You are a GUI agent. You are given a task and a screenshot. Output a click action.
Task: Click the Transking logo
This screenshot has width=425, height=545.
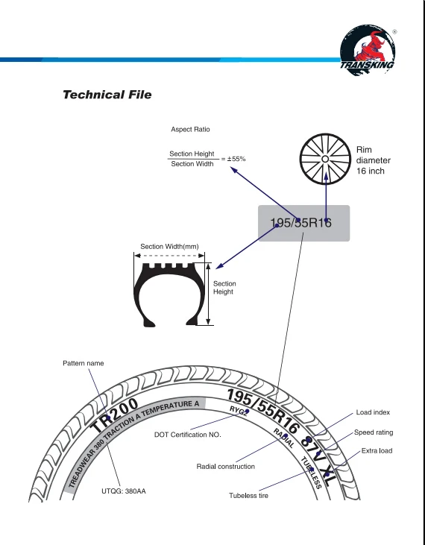point(368,50)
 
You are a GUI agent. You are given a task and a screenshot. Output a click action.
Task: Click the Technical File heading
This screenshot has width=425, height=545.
point(107,95)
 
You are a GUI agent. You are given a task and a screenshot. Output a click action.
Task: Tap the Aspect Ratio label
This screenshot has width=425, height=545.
point(190,129)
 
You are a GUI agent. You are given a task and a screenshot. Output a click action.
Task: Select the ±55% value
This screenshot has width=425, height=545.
point(236,159)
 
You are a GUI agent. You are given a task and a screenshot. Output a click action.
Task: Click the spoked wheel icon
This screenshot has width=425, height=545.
point(325,159)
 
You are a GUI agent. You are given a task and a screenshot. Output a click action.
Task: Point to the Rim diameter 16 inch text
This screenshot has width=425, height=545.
point(374,160)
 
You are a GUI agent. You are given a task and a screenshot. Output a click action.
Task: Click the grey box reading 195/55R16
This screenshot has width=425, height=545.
point(303,223)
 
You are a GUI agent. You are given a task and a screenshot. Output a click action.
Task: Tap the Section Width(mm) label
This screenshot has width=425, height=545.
point(169,247)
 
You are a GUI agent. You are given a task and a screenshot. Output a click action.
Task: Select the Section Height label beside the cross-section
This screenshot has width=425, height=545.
point(224,288)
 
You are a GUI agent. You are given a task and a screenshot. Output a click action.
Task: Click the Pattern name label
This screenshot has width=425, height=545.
point(84,363)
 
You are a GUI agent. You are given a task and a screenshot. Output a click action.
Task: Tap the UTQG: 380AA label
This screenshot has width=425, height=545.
point(124,491)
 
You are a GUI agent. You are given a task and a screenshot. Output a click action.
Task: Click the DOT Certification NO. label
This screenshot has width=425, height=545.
point(188,435)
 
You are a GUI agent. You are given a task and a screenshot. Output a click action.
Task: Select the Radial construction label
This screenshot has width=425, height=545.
point(225,467)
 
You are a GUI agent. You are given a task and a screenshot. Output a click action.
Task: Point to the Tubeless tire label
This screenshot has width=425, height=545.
point(248,496)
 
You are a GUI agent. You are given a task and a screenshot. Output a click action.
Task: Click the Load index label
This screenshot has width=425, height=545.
point(373,412)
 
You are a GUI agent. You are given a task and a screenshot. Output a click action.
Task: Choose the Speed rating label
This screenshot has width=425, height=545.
point(374,432)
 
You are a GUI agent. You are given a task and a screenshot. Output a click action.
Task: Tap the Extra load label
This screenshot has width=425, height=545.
point(377,451)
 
